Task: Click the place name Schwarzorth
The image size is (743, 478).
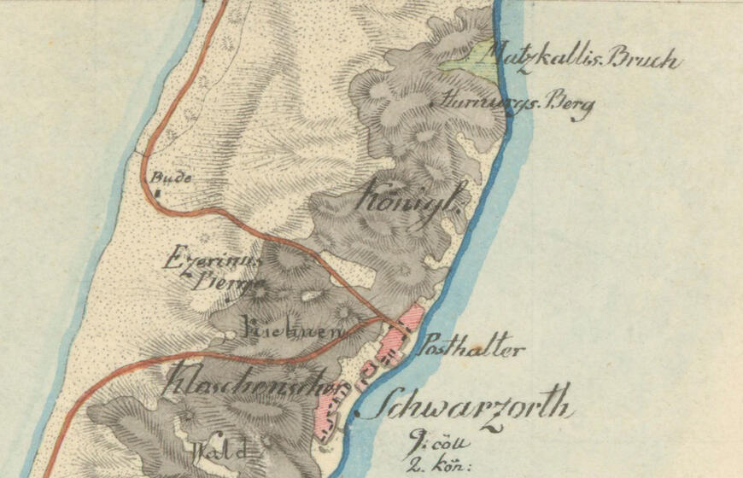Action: click(x=462, y=404)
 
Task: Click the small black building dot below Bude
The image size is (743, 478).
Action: click(x=160, y=195)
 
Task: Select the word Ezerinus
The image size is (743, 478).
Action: click(x=198, y=257)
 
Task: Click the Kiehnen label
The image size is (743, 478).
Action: click(x=281, y=329)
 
